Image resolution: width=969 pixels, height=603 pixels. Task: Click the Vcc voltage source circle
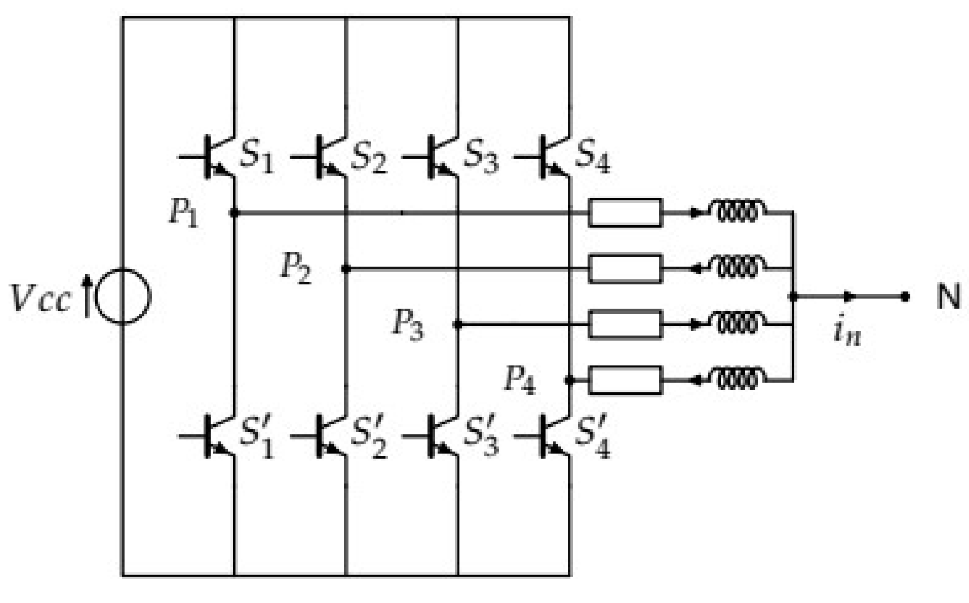tap(123, 297)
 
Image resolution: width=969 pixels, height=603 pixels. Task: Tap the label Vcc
tap(41, 298)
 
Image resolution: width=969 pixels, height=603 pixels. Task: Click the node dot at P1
tap(235, 213)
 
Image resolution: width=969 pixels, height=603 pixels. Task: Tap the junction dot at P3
tap(458, 325)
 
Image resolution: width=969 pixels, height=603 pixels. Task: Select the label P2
tap(296, 267)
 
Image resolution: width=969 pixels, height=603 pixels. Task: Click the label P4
tap(520, 380)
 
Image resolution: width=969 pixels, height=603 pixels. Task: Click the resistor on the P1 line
tap(625, 213)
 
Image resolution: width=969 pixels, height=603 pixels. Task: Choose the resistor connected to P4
tap(625, 380)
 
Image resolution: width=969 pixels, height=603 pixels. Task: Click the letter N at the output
tap(948, 297)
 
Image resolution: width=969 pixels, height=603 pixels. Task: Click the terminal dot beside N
tap(905, 297)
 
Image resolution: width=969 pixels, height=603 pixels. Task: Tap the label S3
tap(481, 156)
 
